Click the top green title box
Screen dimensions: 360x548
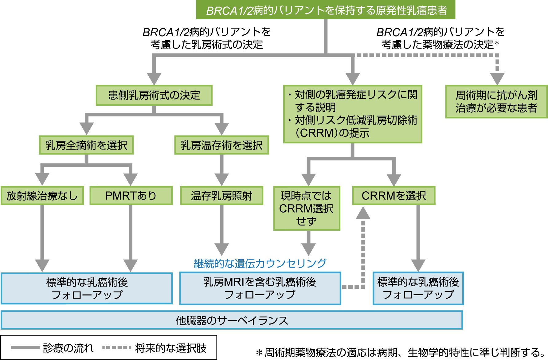pyautogui.click(x=326, y=10)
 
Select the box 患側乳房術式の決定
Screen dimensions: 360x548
pyautogui.click(x=154, y=95)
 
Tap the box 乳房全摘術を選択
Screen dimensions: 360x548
pyautogui.click(x=86, y=145)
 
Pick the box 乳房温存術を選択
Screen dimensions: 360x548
pyautogui.click(x=221, y=145)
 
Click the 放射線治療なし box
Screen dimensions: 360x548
pyautogui.click(x=42, y=196)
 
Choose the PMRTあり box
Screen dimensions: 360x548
pyautogui.click(x=131, y=196)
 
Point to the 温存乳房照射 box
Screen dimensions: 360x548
pyautogui.click(x=221, y=196)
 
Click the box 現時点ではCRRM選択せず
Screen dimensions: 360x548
pyautogui.click(x=307, y=208)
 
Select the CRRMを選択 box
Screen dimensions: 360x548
pyautogui.click(x=394, y=196)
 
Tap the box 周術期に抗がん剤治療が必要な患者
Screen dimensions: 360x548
pyautogui.click(x=496, y=102)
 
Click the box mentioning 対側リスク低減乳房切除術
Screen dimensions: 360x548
pyautogui.click(x=353, y=114)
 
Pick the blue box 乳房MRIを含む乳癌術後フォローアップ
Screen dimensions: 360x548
pyautogui.click(x=260, y=288)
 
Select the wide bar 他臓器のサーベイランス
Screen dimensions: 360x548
pyautogui.click(x=232, y=320)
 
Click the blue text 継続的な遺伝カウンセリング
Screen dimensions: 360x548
pyautogui.click(x=260, y=263)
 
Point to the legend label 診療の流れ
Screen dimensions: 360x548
pyautogui.click(x=68, y=348)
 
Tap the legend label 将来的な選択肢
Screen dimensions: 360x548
pyautogui.click(x=171, y=348)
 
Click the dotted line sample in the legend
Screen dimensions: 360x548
pyautogui.click(x=117, y=348)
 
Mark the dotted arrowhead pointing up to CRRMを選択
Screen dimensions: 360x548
pyautogui.click(x=363, y=213)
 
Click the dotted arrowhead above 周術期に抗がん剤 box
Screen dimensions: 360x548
pyautogui.click(x=497, y=79)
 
